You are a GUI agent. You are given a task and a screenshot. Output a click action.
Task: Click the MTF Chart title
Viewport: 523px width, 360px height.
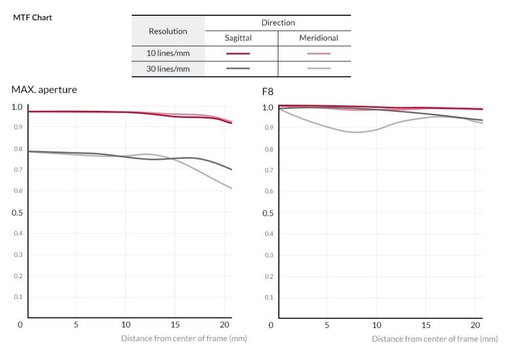pos(32,17)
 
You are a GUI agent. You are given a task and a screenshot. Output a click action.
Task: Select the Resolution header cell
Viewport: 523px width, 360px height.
pos(168,31)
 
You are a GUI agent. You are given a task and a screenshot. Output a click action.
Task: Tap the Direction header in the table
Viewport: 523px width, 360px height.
pos(278,22)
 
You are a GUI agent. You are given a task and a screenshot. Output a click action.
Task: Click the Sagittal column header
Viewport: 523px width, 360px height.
pos(238,38)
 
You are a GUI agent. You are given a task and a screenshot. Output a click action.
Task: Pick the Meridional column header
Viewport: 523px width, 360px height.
pos(319,38)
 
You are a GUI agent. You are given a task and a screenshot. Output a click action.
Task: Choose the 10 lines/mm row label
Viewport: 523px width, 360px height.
pos(168,53)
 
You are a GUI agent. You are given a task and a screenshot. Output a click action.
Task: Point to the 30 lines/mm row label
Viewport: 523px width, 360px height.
pos(168,68)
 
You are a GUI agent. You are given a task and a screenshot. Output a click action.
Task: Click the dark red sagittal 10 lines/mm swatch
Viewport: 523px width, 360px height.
pos(238,53)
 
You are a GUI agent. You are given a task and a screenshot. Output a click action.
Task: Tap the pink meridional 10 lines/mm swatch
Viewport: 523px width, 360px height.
pos(319,53)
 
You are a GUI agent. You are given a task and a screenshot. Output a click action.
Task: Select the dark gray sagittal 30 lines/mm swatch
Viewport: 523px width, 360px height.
pos(238,68)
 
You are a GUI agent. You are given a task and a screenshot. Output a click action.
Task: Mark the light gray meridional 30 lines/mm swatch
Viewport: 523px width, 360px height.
pos(319,68)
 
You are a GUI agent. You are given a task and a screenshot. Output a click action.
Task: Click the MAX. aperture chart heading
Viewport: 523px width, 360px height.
pos(44,90)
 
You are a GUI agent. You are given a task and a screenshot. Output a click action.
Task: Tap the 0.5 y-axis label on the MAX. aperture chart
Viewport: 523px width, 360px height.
pos(17,212)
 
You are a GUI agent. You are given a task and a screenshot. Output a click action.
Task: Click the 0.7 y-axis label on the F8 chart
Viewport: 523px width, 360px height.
pos(268,170)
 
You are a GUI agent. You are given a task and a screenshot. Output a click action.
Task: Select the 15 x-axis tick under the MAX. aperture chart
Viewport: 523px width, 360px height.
pos(175,324)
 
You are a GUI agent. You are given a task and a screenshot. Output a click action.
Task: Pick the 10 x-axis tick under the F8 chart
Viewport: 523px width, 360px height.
pos(376,325)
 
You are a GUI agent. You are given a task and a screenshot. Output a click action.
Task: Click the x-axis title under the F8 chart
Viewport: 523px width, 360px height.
pos(434,339)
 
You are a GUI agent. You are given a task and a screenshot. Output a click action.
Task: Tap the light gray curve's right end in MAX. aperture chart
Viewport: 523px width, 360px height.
pos(231,188)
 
